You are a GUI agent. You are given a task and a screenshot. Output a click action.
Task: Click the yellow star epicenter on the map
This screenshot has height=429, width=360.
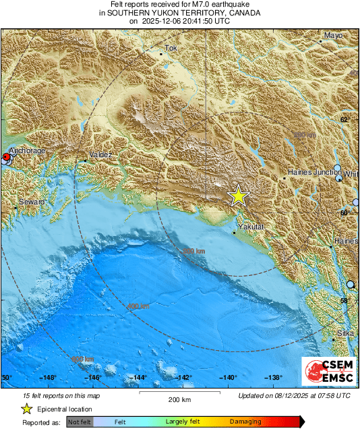[x=238, y=196]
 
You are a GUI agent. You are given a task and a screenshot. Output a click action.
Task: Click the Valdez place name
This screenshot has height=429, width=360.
[x=100, y=154]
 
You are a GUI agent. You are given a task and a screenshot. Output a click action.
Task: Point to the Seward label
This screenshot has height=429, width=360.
[x=32, y=202]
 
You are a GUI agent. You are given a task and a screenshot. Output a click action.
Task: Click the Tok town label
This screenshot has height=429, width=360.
[x=171, y=49]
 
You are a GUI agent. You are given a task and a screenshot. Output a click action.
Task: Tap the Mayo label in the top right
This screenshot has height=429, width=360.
[x=334, y=35]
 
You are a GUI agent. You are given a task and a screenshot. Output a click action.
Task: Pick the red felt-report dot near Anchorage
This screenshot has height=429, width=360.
[x=6, y=157]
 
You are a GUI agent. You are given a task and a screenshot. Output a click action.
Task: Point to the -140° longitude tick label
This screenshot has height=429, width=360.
[x=227, y=378]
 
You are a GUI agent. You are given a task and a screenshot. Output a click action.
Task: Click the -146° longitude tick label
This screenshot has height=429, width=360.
[x=94, y=378]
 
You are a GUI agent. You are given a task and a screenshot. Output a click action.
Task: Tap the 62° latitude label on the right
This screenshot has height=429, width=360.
[x=344, y=119]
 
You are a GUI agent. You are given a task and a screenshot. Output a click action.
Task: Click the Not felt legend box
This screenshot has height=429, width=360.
[x=79, y=422]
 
